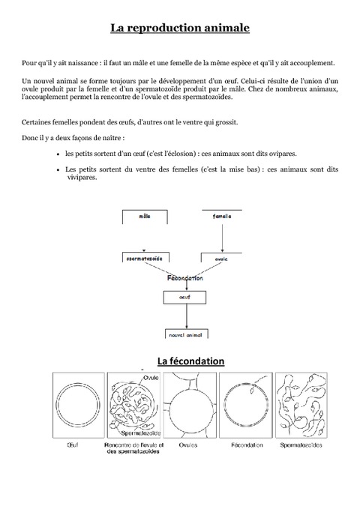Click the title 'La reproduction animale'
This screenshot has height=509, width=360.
pos(179,28)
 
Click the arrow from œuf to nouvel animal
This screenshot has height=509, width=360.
pos(184,316)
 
